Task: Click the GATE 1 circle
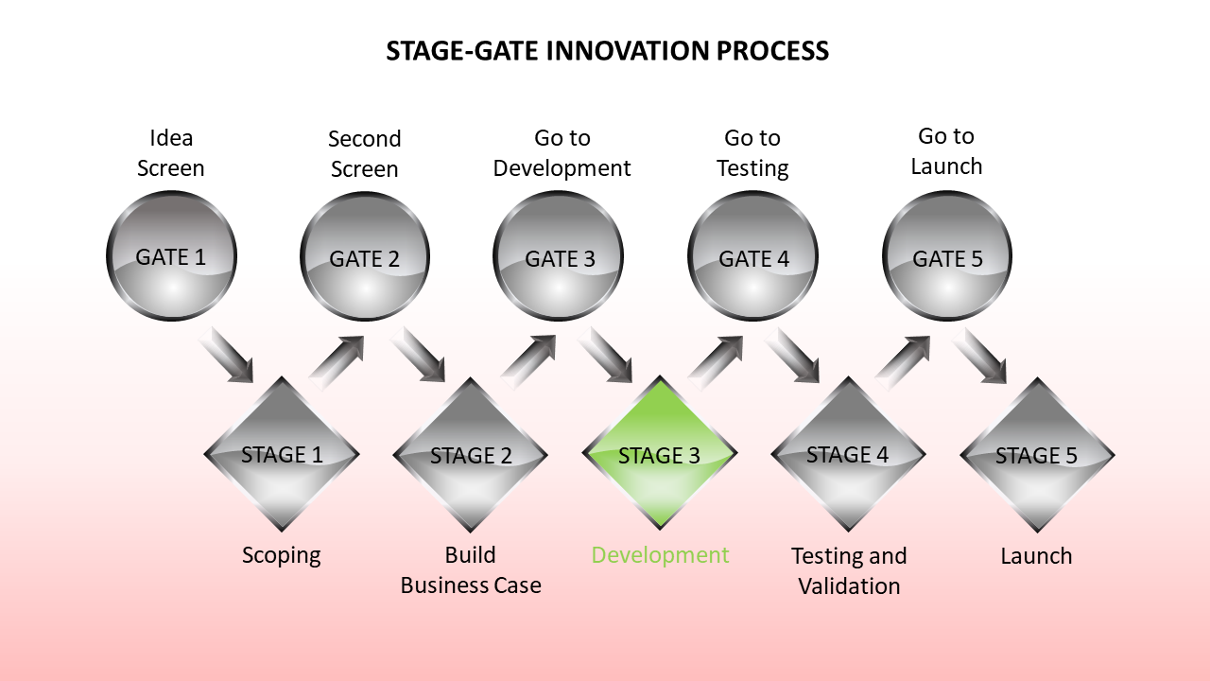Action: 171,256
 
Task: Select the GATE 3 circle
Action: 559,257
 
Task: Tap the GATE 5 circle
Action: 947,257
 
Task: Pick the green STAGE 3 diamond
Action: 660,455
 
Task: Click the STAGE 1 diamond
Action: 282,454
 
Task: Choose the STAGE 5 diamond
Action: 1037,455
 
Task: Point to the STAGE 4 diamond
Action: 848,454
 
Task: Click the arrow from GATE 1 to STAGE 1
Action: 228,355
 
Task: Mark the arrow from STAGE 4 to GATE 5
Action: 904,360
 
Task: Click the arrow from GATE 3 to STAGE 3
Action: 606,355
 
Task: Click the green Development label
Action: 660,555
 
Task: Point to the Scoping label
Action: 282,555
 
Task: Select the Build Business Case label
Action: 471,570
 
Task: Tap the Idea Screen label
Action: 171,153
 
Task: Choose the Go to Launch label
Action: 946,151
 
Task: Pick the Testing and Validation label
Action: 849,570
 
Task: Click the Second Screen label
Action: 364,154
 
